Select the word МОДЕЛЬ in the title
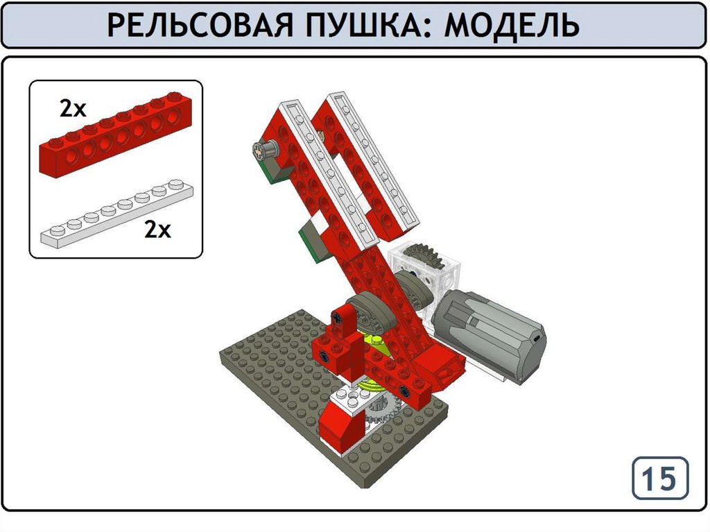tap(512, 25)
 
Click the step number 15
tap(660, 478)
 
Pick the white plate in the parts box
tap(116, 213)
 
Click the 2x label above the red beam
tap(72, 109)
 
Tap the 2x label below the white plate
tap(157, 230)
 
